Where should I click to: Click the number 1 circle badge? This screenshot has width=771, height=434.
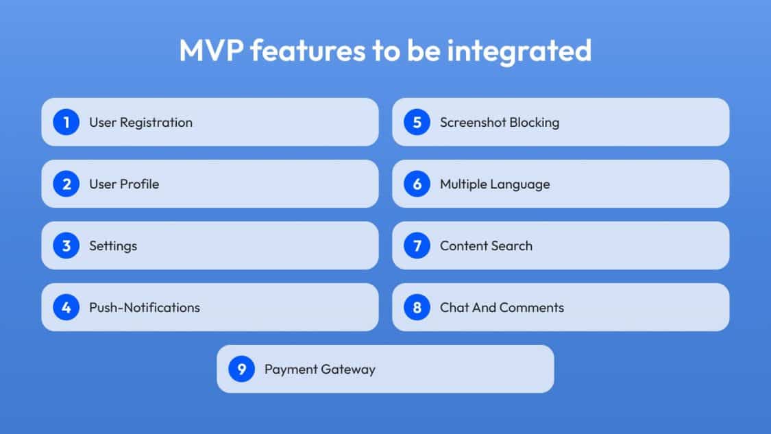(x=66, y=122)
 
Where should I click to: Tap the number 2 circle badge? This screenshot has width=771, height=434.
(x=66, y=184)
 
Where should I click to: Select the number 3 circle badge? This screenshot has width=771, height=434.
(x=66, y=245)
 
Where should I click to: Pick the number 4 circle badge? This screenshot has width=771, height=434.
(x=66, y=307)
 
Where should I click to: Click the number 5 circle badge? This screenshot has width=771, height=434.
(x=417, y=122)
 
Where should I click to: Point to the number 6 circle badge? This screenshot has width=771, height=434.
(x=417, y=184)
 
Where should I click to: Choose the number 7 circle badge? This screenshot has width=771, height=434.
(x=417, y=245)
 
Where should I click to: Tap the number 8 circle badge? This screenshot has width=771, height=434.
(x=417, y=307)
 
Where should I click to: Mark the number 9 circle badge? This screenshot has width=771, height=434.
(x=241, y=369)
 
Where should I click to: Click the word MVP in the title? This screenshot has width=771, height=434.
(x=211, y=50)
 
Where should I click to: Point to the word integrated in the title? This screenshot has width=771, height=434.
(x=519, y=51)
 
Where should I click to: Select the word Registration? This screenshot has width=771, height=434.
(x=156, y=123)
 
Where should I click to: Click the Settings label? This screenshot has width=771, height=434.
(x=113, y=246)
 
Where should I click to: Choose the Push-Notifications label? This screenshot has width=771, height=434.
(x=145, y=308)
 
